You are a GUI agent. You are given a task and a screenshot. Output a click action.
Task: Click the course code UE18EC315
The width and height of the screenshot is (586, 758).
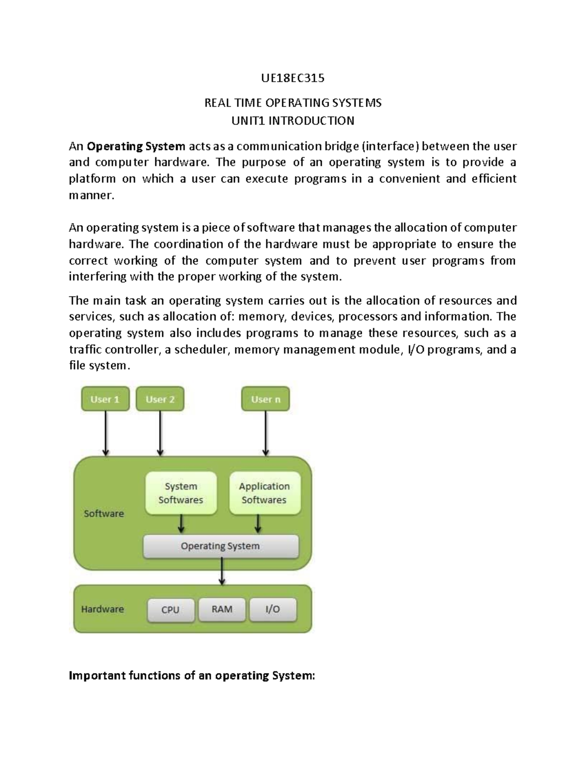[x=293, y=78]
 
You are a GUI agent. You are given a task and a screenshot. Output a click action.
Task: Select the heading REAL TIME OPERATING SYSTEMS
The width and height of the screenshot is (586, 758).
[x=293, y=103]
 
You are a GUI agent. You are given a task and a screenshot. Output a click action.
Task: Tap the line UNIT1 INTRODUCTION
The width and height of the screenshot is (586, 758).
[x=293, y=121]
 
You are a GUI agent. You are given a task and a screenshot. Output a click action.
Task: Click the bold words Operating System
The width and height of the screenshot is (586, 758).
[x=136, y=146]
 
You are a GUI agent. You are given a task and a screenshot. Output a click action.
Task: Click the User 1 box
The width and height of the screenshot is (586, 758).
[x=105, y=399]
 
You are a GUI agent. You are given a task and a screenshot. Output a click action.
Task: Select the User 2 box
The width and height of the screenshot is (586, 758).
[x=160, y=399]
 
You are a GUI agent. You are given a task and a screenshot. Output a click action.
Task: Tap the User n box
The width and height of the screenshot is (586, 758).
[x=266, y=399]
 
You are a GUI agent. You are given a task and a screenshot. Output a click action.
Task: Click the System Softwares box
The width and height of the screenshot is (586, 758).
[x=181, y=493]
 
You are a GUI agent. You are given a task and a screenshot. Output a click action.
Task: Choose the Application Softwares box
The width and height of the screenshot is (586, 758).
[x=264, y=493]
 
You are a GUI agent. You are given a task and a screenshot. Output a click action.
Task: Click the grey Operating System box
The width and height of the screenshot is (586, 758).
[x=220, y=546]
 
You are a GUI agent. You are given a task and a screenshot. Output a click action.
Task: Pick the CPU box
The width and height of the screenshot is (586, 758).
[x=170, y=610]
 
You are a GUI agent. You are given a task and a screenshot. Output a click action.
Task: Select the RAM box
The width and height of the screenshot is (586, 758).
[x=222, y=609]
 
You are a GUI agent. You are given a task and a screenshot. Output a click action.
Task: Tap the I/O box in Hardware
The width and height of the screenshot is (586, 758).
[x=272, y=609]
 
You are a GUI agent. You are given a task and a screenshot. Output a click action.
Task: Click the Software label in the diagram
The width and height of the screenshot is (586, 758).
[x=104, y=513]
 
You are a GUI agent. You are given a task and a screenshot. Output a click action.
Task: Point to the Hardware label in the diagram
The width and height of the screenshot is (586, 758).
[x=102, y=609]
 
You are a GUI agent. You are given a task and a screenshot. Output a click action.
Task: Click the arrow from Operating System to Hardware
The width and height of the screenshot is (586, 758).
[x=222, y=571]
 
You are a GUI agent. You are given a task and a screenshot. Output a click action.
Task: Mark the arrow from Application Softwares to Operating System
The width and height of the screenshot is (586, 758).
[x=258, y=524]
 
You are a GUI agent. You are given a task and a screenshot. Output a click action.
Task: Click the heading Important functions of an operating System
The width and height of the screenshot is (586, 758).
[x=192, y=676]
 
